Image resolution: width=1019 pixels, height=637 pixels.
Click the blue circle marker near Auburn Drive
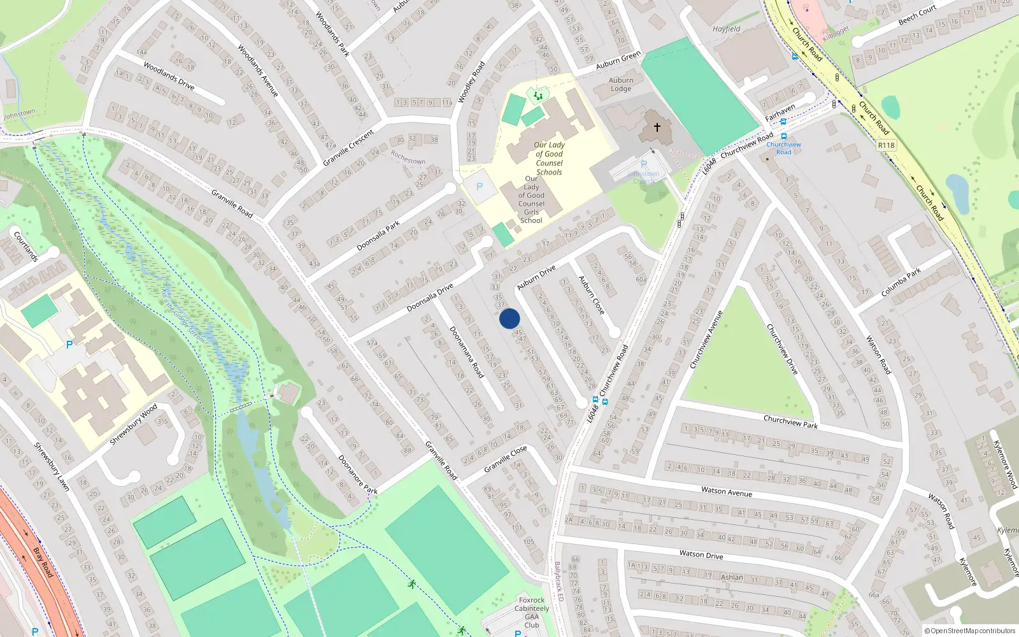509,318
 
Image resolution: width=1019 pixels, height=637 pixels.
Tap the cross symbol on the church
657,127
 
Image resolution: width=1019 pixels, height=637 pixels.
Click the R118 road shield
886,145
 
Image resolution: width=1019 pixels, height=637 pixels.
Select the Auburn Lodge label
621,85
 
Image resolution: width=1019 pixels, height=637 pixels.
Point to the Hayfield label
726,29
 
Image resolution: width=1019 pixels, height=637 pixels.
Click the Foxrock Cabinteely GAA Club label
532,612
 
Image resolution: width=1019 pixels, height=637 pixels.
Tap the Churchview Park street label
790,422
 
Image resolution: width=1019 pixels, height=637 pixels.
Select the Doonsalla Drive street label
430,297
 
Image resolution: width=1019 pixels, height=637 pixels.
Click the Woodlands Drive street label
169,75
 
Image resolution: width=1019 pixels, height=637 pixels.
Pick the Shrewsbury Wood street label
133,425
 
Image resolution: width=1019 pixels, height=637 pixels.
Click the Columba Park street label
901,283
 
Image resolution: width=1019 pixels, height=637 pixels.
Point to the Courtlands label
26,247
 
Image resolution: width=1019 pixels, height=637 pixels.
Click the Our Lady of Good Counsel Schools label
549,159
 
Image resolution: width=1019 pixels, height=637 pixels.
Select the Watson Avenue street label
726,491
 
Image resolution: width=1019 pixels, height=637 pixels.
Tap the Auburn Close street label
591,294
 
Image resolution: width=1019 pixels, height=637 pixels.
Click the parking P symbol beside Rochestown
480,187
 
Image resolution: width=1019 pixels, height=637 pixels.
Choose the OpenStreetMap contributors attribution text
970,631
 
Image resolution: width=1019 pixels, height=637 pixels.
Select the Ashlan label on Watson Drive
732,577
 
